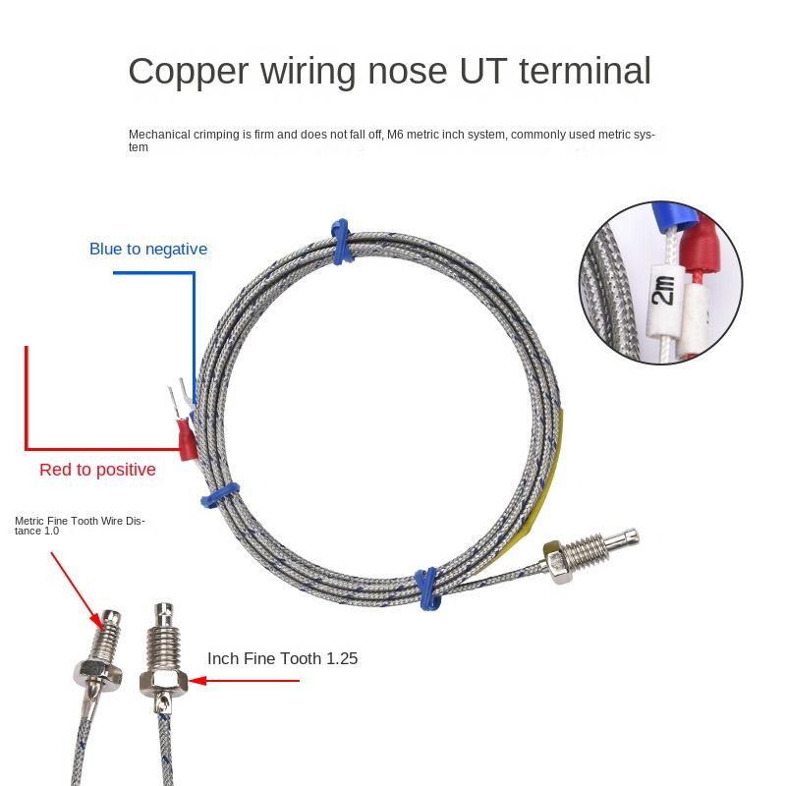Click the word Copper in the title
[x=189, y=72]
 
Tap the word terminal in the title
[x=585, y=71]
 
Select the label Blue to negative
[x=148, y=250]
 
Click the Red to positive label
[x=97, y=470]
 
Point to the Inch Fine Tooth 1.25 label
[x=283, y=658]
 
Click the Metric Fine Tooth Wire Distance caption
[x=80, y=526]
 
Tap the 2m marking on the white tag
[x=662, y=290]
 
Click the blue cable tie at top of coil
[x=342, y=242]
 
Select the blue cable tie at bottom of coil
[x=427, y=589]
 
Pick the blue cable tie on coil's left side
[x=220, y=495]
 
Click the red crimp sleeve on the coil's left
[x=187, y=440]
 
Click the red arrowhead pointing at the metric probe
[x=97, y=622]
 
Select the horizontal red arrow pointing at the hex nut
[x=244, y=681]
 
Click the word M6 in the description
[x=395, y=135]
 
